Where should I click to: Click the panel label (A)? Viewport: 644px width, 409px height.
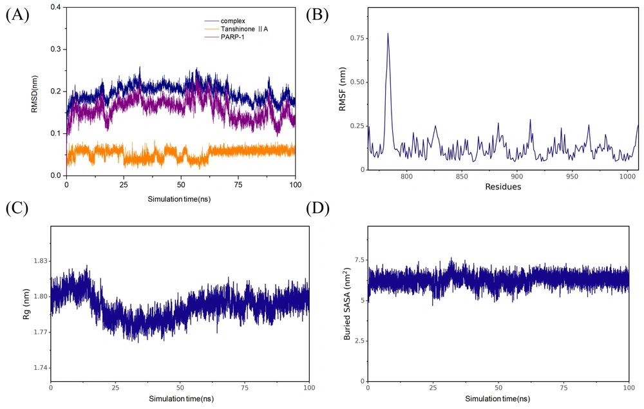click(x=17, y=15)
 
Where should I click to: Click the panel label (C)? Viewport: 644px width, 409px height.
click(x=17, y=209)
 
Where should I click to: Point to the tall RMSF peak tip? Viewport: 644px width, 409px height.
click(x=388, y=33)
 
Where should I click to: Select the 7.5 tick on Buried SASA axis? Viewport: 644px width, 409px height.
click(x=358, y=260)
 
